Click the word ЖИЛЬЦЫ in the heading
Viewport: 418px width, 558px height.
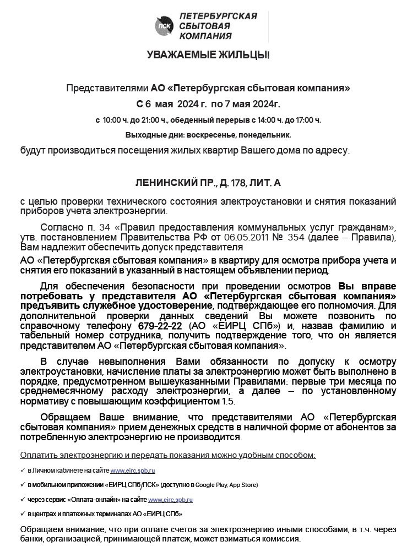tap(246, 55)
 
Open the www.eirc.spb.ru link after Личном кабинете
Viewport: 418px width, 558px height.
tap(133, 471)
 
